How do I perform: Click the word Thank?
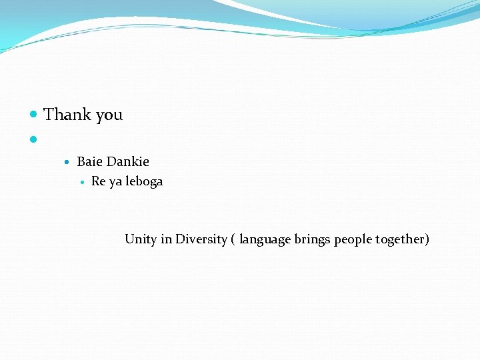point(67,115)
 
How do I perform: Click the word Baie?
point(90,161)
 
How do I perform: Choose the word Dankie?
point(128,161)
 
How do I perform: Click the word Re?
point(98,181)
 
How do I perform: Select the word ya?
point(116,182)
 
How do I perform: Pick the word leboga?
point(145,181)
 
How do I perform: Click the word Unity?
point(140,239)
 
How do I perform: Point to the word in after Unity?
point(166,239)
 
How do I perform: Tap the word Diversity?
point(201,239)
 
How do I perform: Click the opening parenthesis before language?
point(233,240)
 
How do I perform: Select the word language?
point(265,240)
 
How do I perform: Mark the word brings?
point(313,240)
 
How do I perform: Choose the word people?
point(353,240)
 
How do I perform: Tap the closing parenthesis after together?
point(427,240)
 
